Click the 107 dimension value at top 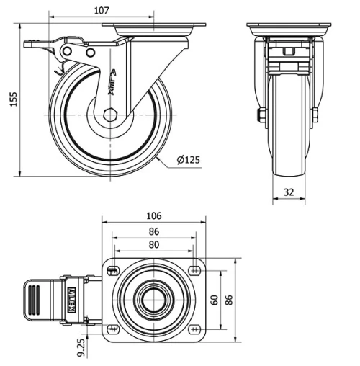coord(101,10)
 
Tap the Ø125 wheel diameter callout coord(189,160)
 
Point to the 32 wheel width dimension coord(288,192)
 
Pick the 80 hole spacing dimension coord(153,245)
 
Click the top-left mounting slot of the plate coord(113,270)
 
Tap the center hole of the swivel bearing coord(153,299)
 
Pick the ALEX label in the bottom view coord(72,298)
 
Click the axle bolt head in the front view coord(258,115)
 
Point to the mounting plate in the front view coord(288,30)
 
